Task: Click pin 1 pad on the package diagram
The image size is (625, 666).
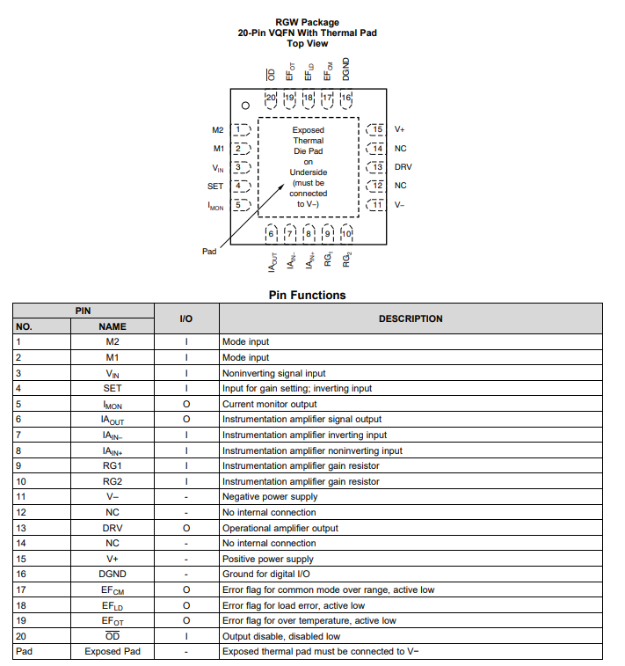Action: point(242,130)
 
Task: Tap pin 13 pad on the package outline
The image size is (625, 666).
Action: point(375,167)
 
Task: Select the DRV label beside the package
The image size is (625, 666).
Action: point(403,167)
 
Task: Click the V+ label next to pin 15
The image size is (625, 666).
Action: point(399,130)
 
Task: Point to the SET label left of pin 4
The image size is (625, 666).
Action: point(215,187)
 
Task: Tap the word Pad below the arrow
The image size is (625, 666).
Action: point(209,252)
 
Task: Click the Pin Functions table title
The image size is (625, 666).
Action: point(307,296)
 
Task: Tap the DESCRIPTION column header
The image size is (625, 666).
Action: point(411,318)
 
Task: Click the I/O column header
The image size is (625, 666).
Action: point(186,318)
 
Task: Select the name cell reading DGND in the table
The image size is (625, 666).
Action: point(112,575)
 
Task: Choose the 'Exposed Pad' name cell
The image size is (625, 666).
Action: point(112,652)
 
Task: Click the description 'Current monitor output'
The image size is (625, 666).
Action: point(269,404)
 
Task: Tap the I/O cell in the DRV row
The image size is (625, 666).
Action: point(186,528)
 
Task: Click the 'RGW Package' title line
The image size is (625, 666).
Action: point(307,23)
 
